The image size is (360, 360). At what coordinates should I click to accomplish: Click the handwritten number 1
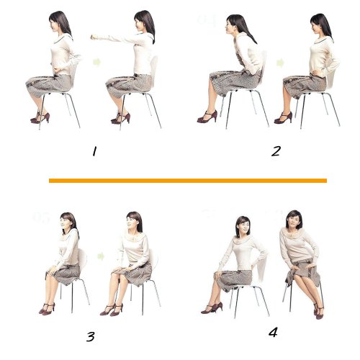pyautogui.click(x=94, y=151)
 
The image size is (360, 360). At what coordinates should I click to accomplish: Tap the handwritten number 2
pyautogui.click(x=276, y=151)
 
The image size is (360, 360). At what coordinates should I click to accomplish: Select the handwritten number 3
pyautogui.click(x=91, y=336)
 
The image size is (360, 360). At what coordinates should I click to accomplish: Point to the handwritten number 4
pyautogui.click(x=273, y=332)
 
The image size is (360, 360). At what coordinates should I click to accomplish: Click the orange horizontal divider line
pyautogui.click(x=188, y=181)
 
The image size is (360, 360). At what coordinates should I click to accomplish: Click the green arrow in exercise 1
pyautogui.click(x=97, y=62)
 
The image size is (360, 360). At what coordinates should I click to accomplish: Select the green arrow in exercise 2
pyautogui.click(x=280, y=63)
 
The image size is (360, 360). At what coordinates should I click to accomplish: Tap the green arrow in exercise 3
pyautogui.click(x=101, y=256)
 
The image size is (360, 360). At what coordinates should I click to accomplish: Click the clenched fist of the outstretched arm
pyautogui.click(x=94, y=37)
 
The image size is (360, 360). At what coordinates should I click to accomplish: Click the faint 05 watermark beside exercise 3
pyautogui.click(x=41, y=217)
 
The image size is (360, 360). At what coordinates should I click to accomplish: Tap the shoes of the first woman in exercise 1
pyautogui.click(x=40, y=117)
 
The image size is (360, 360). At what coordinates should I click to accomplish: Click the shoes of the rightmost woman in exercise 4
pyautogui.click(x=319, y=311)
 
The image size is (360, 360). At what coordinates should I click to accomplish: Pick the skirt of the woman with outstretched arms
pyautogui.click(x=129, y=86)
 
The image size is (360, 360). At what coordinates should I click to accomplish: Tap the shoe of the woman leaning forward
pyautogui.click(x=207, y=117)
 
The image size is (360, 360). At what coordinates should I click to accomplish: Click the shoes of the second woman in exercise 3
pyautogui.click(x=112, y=310)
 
